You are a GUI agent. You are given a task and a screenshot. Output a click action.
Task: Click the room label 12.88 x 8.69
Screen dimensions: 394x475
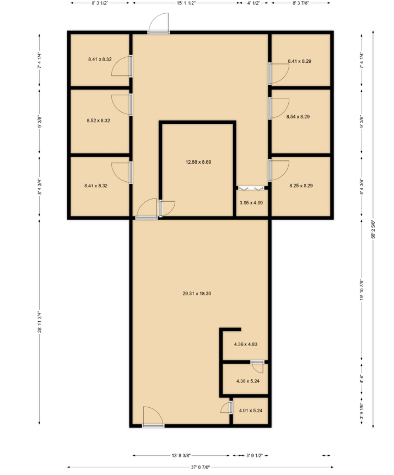[x=198, y=162]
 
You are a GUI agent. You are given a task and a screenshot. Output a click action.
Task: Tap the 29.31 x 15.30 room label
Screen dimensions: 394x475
[x=197, y=293]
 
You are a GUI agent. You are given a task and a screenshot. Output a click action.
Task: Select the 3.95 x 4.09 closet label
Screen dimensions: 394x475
[x=251, y=203]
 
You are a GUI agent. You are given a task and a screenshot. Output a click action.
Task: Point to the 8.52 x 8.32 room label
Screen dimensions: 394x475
[x=99, y=121]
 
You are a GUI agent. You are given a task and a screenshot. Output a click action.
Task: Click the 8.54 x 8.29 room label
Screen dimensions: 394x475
[x=298, y=117]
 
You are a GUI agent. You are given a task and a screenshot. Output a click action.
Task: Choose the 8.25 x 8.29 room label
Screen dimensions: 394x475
[x=301, y=186]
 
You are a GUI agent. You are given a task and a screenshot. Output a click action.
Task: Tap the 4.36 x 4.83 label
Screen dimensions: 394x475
[x=246, y=344]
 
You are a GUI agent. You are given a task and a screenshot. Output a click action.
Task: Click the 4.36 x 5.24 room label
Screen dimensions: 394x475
[x=248, y=381]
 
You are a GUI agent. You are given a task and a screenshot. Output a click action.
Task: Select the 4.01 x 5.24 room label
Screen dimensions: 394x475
[x=251, y=411]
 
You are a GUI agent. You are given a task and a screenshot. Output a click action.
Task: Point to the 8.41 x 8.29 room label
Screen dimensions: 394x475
[x=300, y=61]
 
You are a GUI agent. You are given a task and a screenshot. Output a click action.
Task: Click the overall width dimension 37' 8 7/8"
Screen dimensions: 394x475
[x=200, y=467]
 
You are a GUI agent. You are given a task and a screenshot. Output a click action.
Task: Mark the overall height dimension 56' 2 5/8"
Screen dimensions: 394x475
[x=373, y=229]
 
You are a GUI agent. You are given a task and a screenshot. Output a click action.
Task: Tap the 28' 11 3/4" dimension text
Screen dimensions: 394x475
[x=39, y=322]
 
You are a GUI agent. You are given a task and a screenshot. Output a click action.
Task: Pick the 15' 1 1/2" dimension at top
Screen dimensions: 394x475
[x=186, y=3]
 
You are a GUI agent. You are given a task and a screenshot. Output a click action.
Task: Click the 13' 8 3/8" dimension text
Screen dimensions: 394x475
[x=181, y=455]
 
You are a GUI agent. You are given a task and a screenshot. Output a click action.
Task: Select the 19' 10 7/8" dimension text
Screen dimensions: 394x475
[x=361, y=290]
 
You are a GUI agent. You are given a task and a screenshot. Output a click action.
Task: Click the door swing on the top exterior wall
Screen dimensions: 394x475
[x=159, y=23]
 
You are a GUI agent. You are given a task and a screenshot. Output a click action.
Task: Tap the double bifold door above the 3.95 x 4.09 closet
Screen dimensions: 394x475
[x=252, y=188]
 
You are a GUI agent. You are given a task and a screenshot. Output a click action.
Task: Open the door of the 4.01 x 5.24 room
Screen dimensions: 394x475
[x=227, y=407]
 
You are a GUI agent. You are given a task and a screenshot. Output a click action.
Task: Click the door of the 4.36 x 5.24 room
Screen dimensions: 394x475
[x=258, y=367]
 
